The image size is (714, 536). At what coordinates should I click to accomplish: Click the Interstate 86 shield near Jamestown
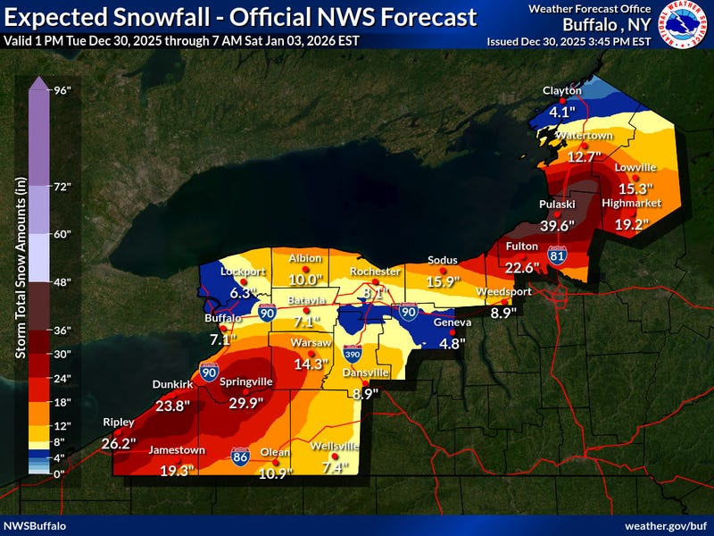pyautogui.click(x=240, y=456)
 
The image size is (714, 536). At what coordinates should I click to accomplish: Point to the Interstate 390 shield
pyautogui.click(x=352, y=356)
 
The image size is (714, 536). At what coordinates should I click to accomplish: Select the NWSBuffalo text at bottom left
pyautogui.click(x=34, y=524)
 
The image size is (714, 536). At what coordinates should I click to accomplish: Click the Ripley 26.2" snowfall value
pyautogui.click(x=118, y=442)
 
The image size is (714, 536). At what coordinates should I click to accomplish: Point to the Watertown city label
pyautogui.click(x=585, y=134)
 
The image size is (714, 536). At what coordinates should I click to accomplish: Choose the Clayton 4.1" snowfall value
pyautogui.click(x=561, y=113)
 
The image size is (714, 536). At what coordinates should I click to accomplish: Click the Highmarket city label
pyautogui.click(x=631, y=203)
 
